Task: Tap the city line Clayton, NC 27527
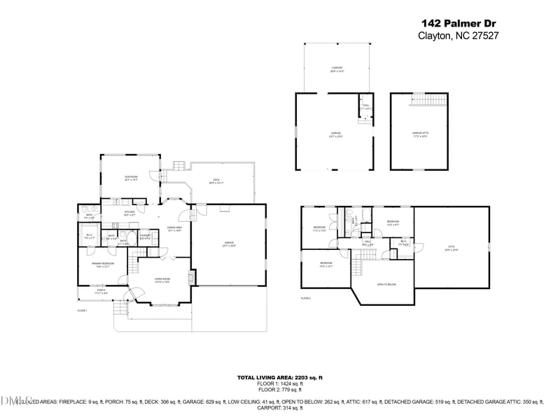458,36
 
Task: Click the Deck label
217,181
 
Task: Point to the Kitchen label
129,213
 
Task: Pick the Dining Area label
174,229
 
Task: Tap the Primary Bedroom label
103,265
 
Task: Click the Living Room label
162,280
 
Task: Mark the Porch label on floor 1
101,290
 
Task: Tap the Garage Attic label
419,134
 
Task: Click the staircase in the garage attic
428,99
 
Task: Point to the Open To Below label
386,285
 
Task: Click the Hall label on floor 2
367,243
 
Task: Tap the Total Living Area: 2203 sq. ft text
280,377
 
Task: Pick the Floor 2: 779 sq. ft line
280,389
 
